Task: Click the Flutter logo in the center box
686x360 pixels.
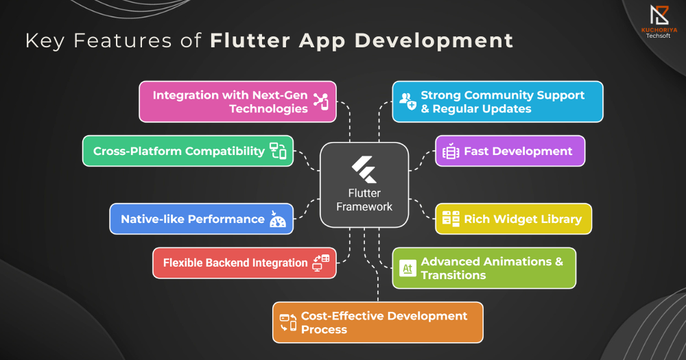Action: pos(364,170)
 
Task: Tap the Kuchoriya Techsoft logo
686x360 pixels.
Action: pos(659,21)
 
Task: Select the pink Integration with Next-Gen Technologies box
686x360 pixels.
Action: pos(237,101)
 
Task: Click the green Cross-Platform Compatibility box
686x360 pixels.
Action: pos(188,151)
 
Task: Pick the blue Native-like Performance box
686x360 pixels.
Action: pos(201,219)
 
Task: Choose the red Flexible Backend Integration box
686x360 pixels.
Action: pos(244,263)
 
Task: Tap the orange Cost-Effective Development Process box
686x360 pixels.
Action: pos(377,322)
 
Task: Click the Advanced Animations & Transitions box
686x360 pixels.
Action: pos(484,268)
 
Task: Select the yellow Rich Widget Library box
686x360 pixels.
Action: pos(514,219)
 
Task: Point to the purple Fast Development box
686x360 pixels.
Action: pos(510,151)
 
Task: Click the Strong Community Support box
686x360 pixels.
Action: pos(497,101)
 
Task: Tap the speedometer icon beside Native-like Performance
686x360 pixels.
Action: pos(277,219)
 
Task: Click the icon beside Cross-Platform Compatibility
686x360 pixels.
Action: pos(278,151)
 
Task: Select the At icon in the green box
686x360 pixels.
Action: pos(407,268)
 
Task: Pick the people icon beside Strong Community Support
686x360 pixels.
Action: pos(407,101)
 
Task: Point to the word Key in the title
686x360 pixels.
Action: pos(45,40)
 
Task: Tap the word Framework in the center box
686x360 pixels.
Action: pos(364,206)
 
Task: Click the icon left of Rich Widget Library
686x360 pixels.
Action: pos(451,219)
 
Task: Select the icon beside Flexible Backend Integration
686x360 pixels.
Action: pos(320,263)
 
